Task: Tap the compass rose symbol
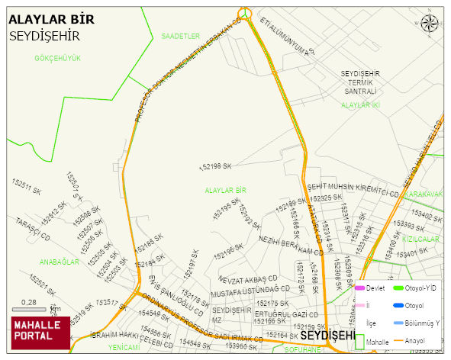430,23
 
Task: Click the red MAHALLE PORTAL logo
40,333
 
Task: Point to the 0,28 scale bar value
29,302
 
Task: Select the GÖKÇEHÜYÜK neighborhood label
57,58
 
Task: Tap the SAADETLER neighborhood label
180,36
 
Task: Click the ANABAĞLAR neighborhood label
60,262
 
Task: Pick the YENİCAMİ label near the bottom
124,347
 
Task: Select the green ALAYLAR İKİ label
360,104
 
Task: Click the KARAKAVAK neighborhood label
424,194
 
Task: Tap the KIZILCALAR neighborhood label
424,239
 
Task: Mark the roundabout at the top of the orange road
244,12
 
